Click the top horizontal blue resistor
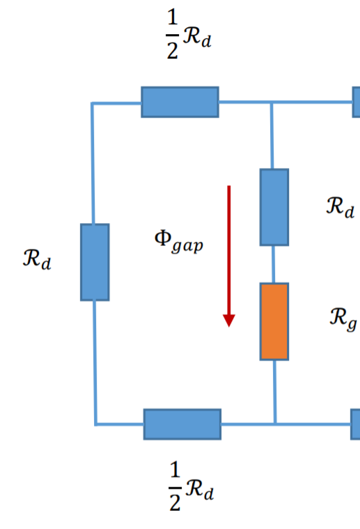[180, 102]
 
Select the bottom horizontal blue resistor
[182, 424]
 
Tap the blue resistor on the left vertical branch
[95, 262]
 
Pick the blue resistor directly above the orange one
[274, 207]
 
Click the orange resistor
[274, 321]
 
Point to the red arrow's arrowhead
[228, 320]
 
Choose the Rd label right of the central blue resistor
[341, 206]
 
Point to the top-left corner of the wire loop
[93, 103]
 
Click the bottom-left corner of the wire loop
[95, 423]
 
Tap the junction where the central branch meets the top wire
[272, 102]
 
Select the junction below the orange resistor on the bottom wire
[275, 423]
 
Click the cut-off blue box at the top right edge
[356, 102]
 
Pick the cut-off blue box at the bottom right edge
[355, 423]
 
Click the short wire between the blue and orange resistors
[274, 264]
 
